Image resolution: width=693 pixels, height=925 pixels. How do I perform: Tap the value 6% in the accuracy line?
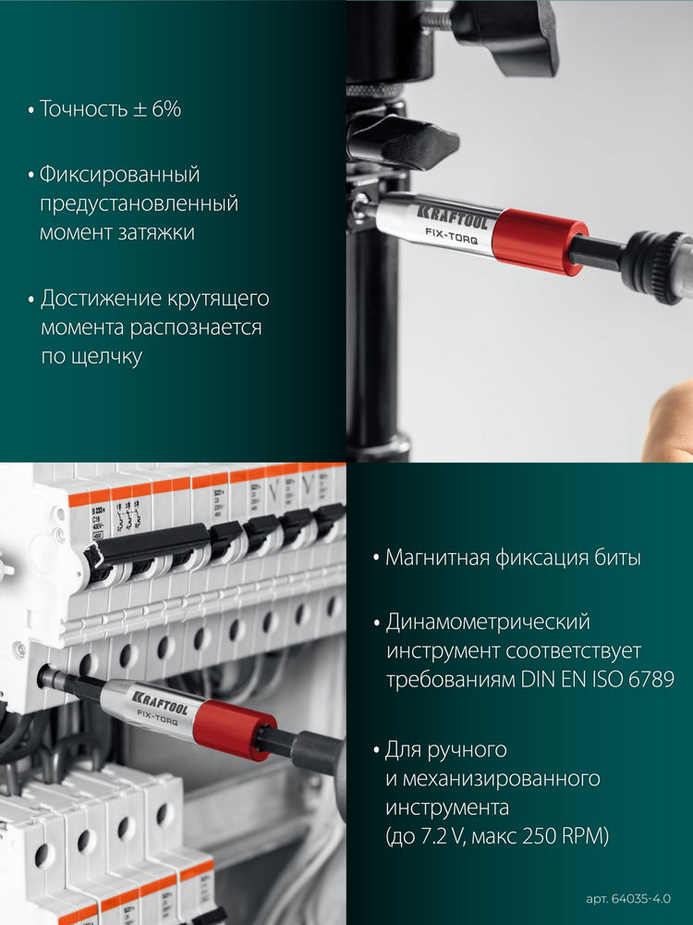point(165,109)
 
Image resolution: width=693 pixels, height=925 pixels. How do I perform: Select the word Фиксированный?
point(119,174)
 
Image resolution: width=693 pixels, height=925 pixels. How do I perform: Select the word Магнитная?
point(435,558)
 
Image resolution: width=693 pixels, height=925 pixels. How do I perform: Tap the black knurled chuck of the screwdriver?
point(658,266)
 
